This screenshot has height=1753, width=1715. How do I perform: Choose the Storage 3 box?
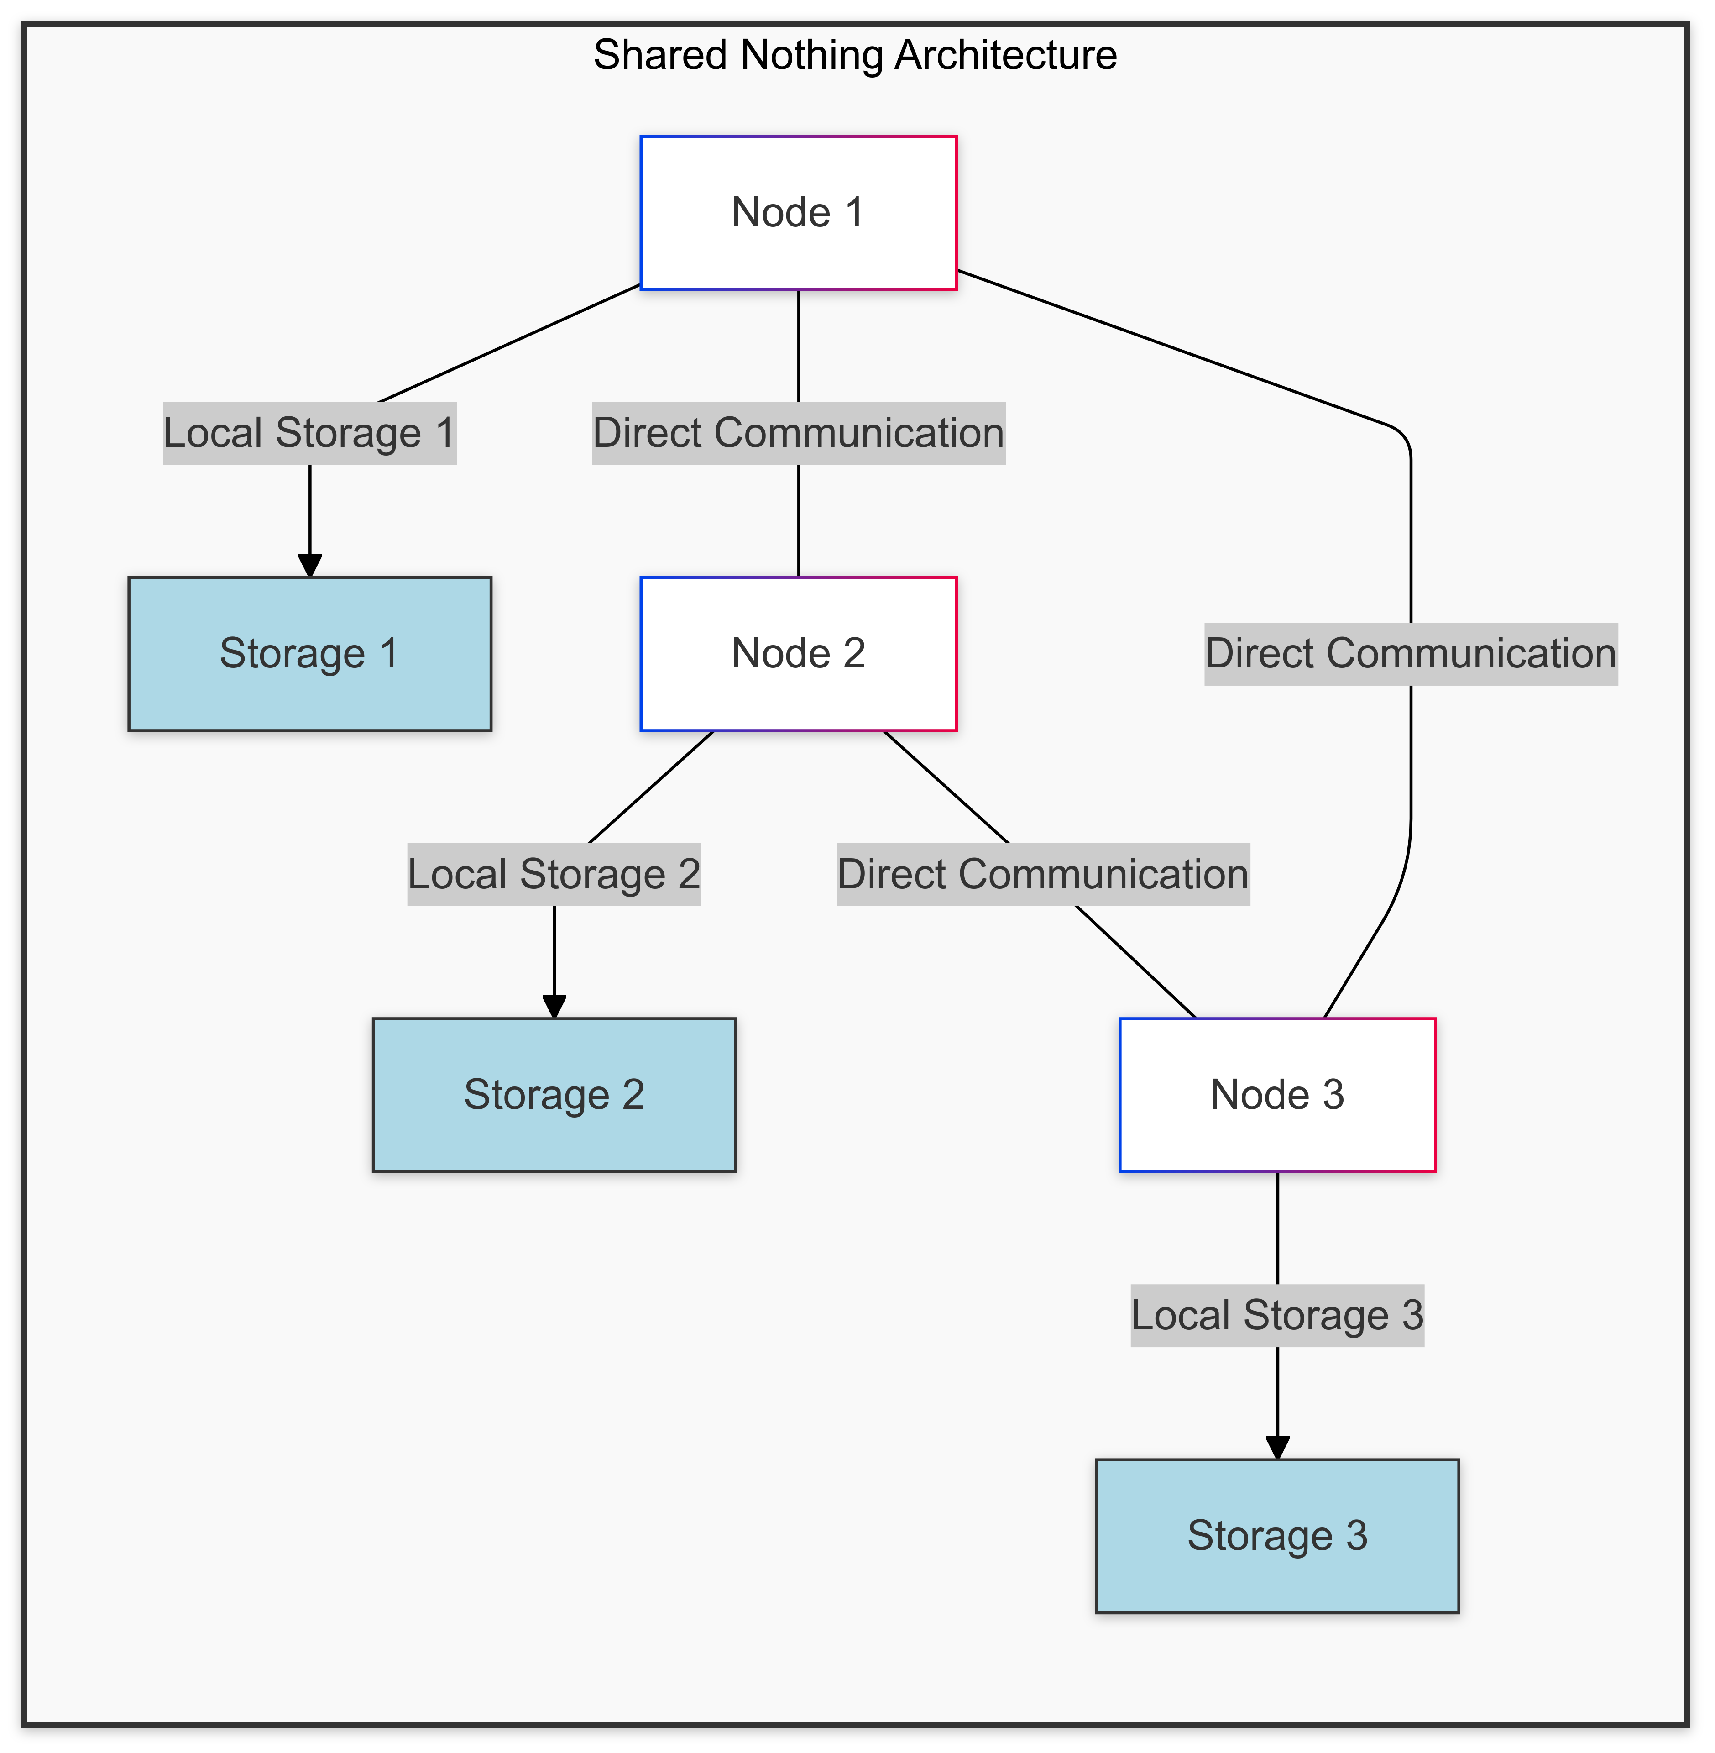[x=1277, y=1536]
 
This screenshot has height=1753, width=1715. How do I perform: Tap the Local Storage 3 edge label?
[x=1277, y=1315]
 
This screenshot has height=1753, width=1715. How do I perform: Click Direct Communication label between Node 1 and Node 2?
[x=798, y=433]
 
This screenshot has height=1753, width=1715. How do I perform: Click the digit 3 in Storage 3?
[x=1356, y=1536]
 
